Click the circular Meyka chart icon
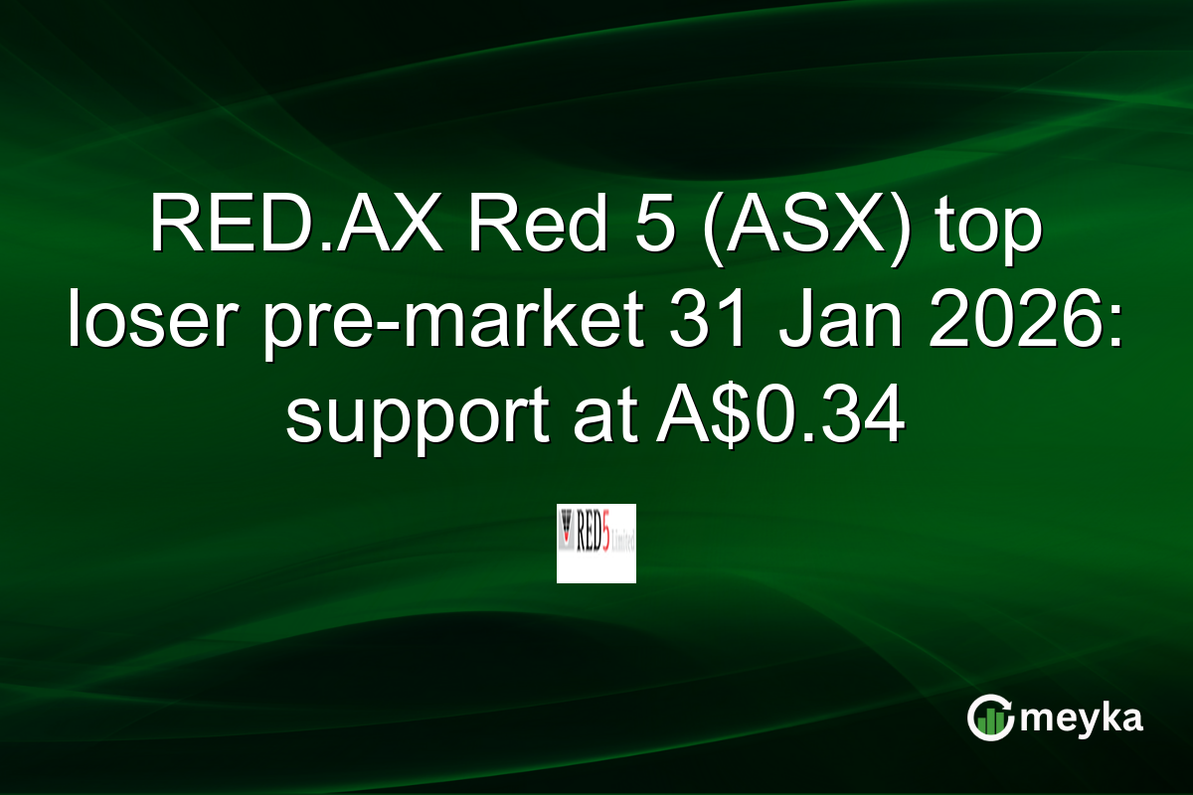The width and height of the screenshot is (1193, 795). (x=991, y=717)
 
